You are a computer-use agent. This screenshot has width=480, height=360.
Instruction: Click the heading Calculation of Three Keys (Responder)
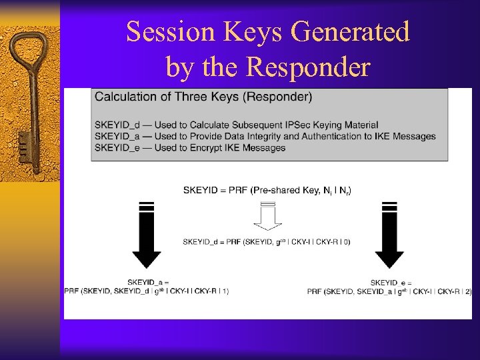pos(203,97)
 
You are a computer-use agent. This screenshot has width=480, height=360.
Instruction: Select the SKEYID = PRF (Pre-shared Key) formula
pos(267,191)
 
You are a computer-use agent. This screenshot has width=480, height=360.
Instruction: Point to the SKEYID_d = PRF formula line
pos(267,241)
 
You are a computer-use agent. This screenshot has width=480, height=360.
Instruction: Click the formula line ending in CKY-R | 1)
pos(147,291)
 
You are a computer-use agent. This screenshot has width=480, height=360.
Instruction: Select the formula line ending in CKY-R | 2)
pos(389,291)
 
